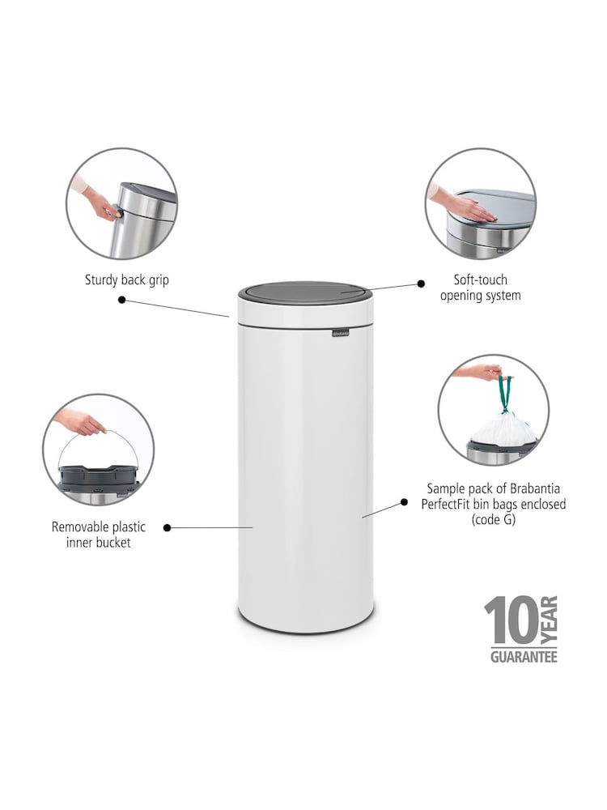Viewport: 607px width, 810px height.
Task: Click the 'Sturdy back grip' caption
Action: tap(126, 280)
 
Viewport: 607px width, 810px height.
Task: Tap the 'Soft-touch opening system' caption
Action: tap(480, 288)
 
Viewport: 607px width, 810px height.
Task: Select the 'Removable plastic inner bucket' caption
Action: tap(98, 535)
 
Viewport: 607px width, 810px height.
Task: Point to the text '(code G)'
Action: tap(494, 520)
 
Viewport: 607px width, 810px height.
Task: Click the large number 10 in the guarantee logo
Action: tap(511, 620)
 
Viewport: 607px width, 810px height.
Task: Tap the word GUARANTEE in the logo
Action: tap(524, 657)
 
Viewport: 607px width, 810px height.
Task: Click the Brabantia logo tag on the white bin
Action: tap(340, 333)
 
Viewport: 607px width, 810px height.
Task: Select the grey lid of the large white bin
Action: tap(305, 293)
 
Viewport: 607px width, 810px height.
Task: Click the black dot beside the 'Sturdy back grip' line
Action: tap(122, 300)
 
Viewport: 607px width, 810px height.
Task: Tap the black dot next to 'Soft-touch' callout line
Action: tap(421, 283)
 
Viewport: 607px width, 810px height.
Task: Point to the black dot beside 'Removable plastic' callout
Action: tap(167, 527)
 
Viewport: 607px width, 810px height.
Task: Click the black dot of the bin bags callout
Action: tap(404, 503)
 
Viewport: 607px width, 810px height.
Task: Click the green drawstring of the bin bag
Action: tap(505, 394)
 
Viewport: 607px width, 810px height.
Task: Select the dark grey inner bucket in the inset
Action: tap(99, 476)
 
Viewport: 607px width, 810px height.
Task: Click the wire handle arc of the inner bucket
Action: tap(97, 433)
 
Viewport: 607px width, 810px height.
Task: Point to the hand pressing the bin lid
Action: tap(463, 205)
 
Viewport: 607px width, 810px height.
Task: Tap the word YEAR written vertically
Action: tap(549, 620)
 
